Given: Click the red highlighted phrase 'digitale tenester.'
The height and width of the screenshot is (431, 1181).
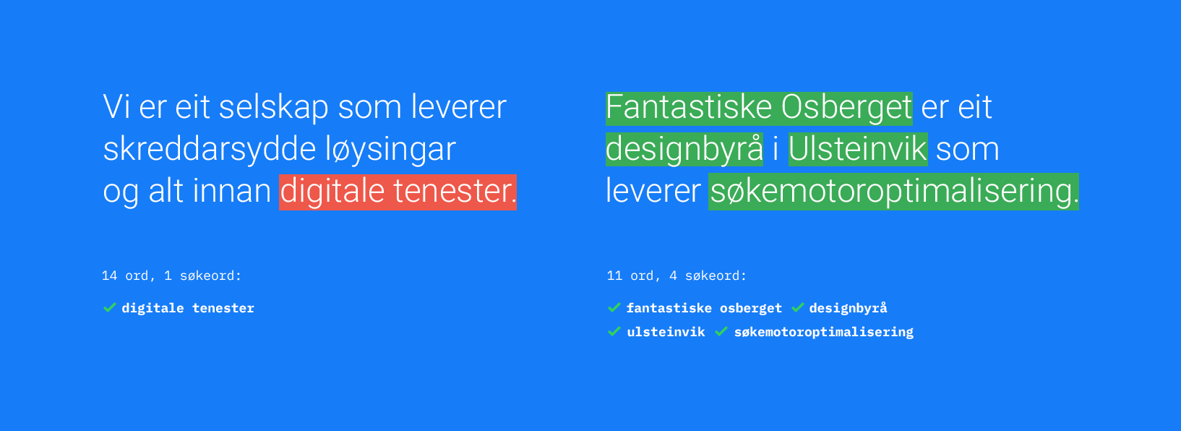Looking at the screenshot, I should point(398,192).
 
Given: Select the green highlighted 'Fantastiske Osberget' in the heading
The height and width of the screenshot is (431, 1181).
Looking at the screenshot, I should point(759,108).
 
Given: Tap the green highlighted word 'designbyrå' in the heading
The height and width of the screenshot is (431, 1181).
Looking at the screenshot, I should point(684,150).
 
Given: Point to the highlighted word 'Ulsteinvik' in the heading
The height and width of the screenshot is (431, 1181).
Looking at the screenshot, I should point(858,150).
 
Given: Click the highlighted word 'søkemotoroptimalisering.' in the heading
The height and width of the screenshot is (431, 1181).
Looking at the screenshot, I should point(893,192).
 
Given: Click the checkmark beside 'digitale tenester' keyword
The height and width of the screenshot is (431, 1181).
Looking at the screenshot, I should point(110,308).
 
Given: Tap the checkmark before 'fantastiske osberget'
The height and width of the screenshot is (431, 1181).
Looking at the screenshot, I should point(614,308).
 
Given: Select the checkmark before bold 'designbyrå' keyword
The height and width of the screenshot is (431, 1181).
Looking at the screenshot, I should point(798,308).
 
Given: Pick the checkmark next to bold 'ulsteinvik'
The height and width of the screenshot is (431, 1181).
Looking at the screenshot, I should point(614,332).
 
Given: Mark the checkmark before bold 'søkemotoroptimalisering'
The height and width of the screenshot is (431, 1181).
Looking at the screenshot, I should point(721,332).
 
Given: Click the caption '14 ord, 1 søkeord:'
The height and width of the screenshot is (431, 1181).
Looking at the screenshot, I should point(171,276).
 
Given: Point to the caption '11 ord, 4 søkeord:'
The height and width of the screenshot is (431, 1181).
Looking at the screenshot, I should point(677,276).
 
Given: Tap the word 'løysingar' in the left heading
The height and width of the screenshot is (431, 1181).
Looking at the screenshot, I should point(390,150).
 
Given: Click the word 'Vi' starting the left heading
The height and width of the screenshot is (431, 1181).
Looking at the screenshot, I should point(116,108).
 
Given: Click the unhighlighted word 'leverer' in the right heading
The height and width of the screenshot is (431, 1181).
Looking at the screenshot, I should point(653,192).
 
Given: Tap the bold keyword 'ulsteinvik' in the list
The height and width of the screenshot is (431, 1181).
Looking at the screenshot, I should point(666,332).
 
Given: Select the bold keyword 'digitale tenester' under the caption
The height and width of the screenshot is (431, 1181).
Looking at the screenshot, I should point(188,308).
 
